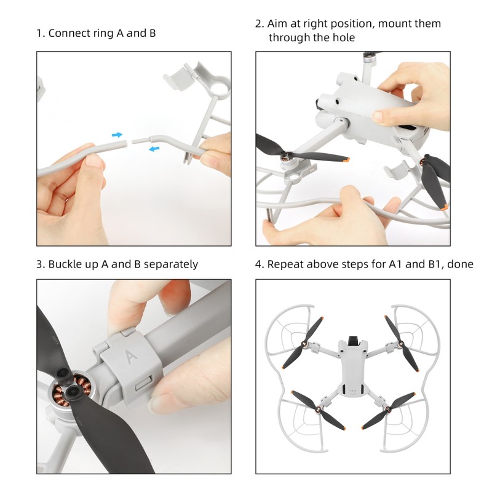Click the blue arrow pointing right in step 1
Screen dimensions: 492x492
117,134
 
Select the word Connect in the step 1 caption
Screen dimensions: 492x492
67,33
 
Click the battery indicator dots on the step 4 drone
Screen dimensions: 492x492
351,389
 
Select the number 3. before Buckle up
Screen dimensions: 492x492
40,264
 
